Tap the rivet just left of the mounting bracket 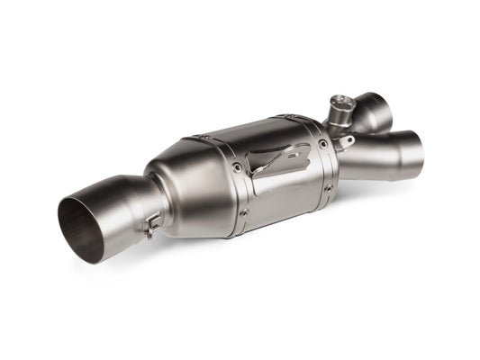point(235,166)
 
